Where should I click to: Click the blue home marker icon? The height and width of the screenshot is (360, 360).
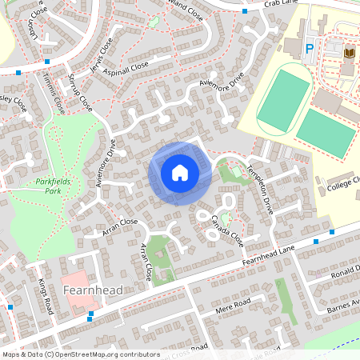click(x=180, y=173)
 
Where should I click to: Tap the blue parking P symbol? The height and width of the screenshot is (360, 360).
click(x=309, y=50)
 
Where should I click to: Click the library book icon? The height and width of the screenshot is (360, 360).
click(x=348, y=53)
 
